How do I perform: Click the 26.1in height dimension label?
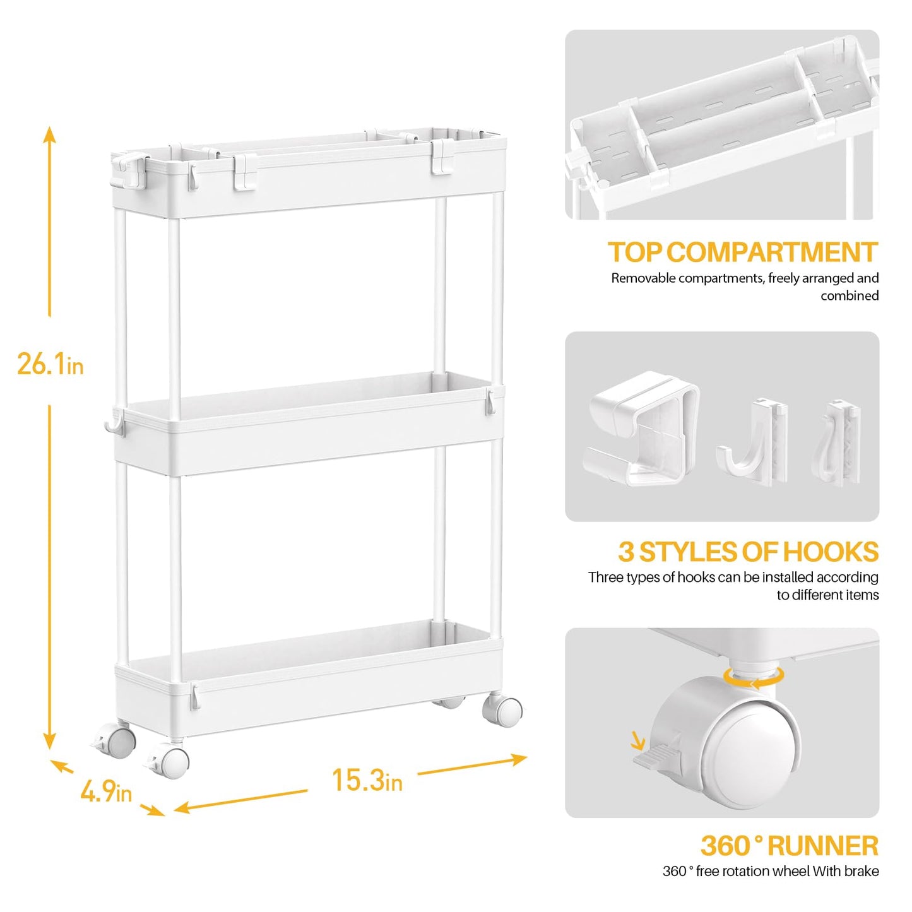coord(50,364)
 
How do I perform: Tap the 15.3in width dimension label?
coord(367,781)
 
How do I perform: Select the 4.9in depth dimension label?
coord(106,791)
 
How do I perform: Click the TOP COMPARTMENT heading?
coord(742,252)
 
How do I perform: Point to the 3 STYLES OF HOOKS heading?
coord(747,552)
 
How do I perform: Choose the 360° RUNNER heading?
coord(789,846)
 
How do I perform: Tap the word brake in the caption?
coord(862,872)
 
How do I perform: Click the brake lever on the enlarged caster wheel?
coord(656,755)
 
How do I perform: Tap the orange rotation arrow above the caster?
coord(754,677)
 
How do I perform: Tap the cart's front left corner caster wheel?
coord(170,761)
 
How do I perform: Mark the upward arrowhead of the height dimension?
coord(50,134)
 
